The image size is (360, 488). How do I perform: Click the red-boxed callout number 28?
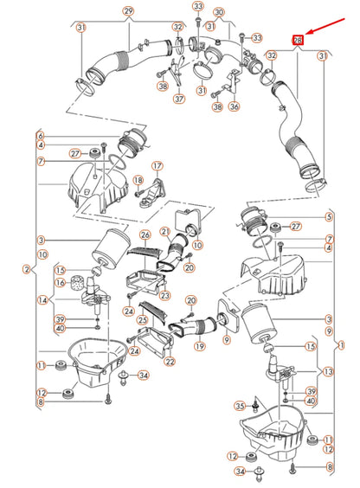(298, 40)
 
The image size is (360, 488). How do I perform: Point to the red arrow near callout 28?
(325, 26)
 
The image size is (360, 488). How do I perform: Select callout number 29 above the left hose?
(128, 11)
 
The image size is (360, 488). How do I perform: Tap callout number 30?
(219, 12)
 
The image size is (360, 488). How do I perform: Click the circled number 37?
(179, 99)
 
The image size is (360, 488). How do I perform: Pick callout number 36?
(234, 106)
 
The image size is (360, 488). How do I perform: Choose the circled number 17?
(157, 166)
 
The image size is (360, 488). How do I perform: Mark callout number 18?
(138, 180)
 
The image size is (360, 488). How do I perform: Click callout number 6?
(41, 136)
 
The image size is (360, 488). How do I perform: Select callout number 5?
(329, 217)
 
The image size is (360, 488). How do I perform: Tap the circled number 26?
(145, 234)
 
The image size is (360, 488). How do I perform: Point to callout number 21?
(165, 231)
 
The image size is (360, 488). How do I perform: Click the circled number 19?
(199, 346)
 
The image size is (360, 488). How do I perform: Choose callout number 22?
(170, 362)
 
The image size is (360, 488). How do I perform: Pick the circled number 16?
(60, 283)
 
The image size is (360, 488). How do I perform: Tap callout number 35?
(240, 406)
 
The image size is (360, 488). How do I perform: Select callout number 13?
(329, 371)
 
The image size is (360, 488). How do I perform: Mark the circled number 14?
(42, 300)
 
